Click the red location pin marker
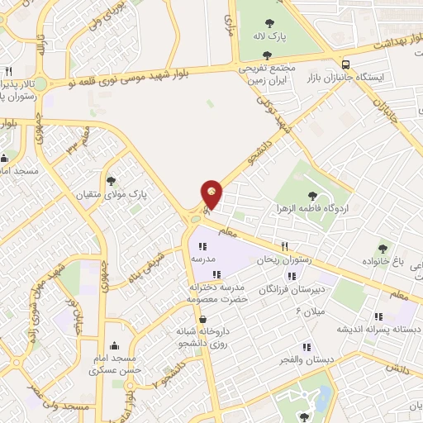[212, 194]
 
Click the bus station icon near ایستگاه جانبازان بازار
[345, 64]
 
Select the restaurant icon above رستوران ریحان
[285, 245]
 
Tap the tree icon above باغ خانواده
[382, 247]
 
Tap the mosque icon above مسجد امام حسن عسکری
[113, 346]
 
